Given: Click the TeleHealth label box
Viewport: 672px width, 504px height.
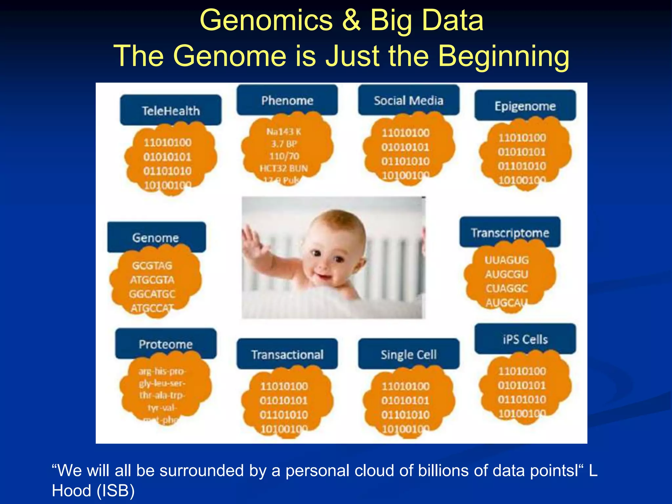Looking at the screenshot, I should click(x=171, y=110).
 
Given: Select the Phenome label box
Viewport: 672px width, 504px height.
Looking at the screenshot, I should click(x=287, y=100).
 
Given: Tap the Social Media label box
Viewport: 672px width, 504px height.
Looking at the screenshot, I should click(x=409, y=100).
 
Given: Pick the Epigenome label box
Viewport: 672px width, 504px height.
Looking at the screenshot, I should click(x=525, y=106).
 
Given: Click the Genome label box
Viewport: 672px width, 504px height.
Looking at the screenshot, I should click(x=156, y=237).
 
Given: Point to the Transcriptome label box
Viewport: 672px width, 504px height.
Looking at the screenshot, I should click(x=510, y=232).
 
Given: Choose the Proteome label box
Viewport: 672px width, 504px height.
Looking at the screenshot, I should click(x=166, y=344).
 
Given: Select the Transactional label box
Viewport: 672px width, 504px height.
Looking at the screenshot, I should click(x=287, y=354).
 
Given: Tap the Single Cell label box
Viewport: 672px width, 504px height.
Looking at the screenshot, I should click(x=409, y=354).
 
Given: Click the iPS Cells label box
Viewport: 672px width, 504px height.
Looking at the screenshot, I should click(x=525, y=339).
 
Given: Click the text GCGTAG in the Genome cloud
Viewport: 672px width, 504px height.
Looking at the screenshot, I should click(x=152, y=265).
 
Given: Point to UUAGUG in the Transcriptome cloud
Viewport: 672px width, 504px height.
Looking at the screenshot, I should click(x=507, y=260).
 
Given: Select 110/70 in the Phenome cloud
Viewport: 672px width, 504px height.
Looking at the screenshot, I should click(x=284, y=156).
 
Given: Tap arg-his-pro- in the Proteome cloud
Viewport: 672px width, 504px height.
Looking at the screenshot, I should click(x=162, y=371).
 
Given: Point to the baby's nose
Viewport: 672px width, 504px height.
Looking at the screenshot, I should click(x=323, y=262).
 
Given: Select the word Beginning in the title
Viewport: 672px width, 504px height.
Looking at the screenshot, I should click(x=504, y=56).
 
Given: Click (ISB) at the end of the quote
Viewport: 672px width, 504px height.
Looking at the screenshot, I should click(x=115, y=491).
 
